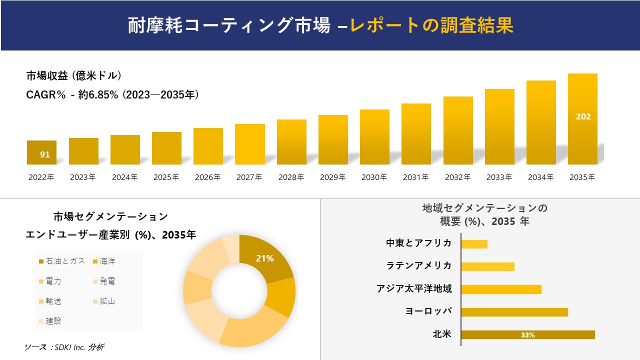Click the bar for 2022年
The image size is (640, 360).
point(41,152)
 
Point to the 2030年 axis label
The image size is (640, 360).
point(374,177)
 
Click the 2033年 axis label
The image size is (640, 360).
point(499,177)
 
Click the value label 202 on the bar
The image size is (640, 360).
point(583,116)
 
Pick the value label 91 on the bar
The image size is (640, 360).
point(45,154)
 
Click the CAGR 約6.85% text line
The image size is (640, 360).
point(112,94)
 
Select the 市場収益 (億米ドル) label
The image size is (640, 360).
point(74,76)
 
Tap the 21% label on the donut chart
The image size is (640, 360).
point(264,258)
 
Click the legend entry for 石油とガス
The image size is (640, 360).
point(61,261)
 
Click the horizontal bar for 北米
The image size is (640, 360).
point(527,334)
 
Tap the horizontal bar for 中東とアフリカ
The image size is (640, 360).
point(474,244)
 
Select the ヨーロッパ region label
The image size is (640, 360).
point(428,311)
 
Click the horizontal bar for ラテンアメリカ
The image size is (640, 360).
point(487,266)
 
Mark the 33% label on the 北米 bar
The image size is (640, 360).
point(527,335)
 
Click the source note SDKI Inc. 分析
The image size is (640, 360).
point(64,347)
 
